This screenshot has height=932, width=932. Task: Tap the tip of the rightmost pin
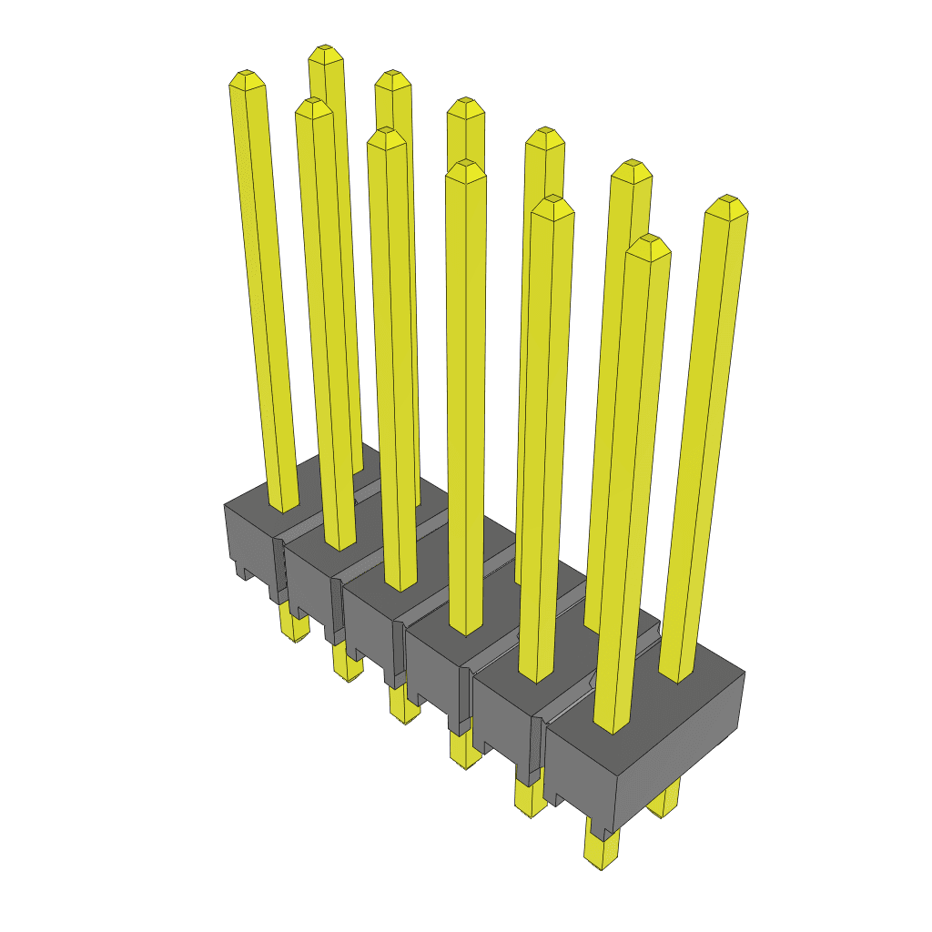726,204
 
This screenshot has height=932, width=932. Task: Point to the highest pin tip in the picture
324,53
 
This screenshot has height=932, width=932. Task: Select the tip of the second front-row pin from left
312,106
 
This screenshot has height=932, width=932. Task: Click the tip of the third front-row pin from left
386,136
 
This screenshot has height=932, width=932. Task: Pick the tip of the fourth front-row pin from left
466,168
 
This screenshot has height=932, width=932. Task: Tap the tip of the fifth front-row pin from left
552,205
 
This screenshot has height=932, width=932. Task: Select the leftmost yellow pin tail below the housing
293,626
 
